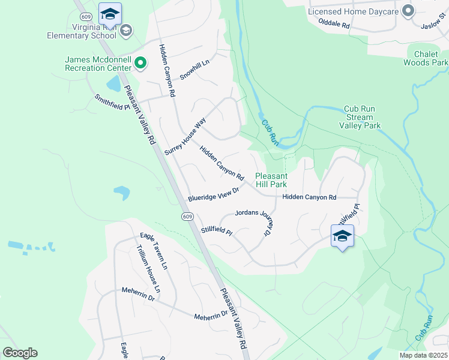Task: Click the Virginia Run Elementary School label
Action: pos(82,31)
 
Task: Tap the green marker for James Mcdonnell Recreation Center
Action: pos(140,62)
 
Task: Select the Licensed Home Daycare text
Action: pos(354,11)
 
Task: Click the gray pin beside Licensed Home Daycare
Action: pos(408,11)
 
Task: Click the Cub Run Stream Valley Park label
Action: pos(360,117)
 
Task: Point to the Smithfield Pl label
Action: pos(112,102)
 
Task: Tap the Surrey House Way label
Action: pos(185,137)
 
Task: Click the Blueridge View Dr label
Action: pos(214,194)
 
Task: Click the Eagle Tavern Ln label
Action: pos(154,250)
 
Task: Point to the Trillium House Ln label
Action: pos(148,269)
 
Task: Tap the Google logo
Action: pos(20,353)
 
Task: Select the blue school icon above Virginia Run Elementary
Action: pos(110,14)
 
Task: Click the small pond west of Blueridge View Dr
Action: pos(121,193)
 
